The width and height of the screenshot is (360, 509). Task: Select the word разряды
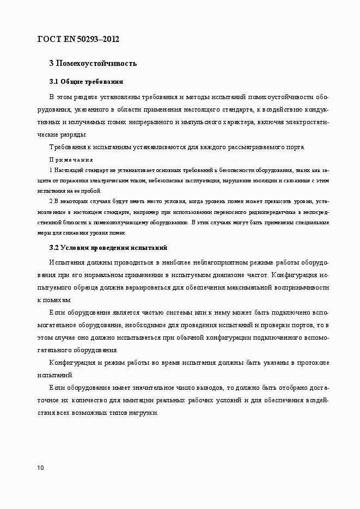[72, 134]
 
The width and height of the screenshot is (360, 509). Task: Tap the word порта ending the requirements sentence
[295, 147]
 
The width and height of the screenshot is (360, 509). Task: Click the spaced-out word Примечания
[71, 160]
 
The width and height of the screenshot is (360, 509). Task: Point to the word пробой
[89, 191]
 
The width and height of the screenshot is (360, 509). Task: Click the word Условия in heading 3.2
[74, 248]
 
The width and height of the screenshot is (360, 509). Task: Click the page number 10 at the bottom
[41, 468]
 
